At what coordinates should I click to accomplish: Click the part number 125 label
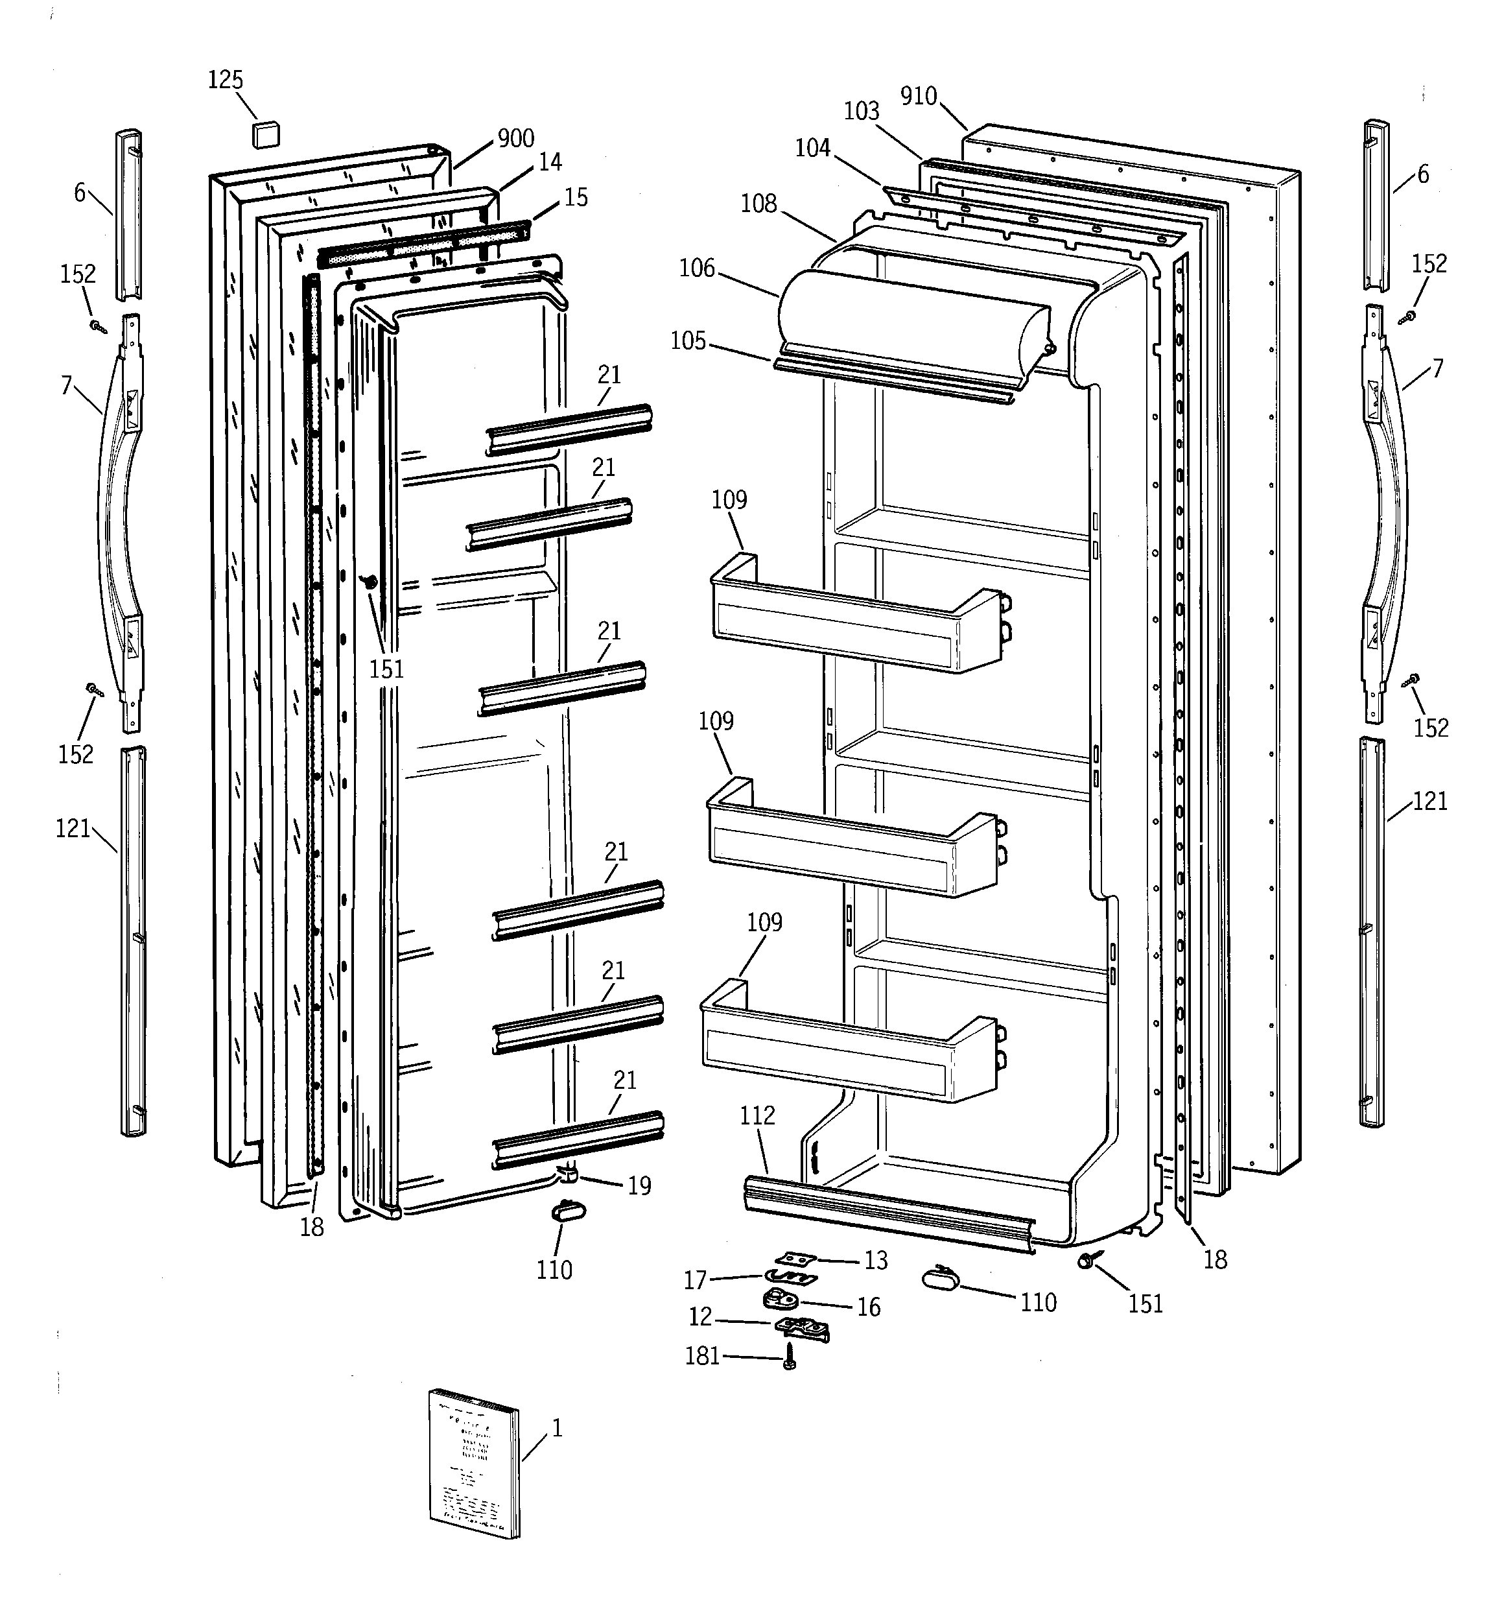coord(225,80)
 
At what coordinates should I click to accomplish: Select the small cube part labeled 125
coord(266,133)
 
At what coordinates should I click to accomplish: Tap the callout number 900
coord(516,139)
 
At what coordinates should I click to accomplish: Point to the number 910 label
coord(918,96)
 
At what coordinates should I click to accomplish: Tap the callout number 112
coord(757,1116)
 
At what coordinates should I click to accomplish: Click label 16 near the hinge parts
coord(868,1307)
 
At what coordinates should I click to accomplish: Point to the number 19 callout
coord(639,1186)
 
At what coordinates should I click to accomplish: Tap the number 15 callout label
coord(576,198)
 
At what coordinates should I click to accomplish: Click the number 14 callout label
coord(550,162)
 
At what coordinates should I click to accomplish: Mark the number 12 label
coord(700,1317)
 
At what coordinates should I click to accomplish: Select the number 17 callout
coord(695,1279)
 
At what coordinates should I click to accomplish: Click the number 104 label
coord(812,148)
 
